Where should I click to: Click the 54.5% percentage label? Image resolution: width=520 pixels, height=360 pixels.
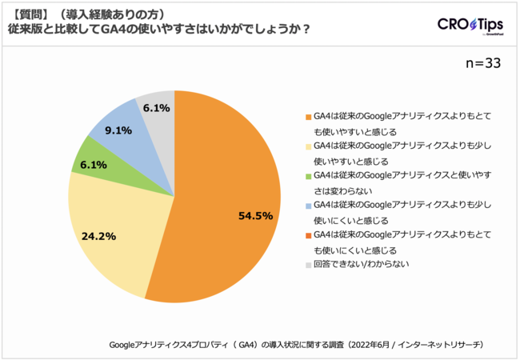tap(255, 215)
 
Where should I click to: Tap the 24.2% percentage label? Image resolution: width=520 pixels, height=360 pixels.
tap(98, 236)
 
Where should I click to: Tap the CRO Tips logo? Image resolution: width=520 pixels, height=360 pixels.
tap(470, 25)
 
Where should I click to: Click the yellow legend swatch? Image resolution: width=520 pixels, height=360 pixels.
tap(308, 146)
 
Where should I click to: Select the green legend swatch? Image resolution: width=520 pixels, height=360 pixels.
tap(308, 175)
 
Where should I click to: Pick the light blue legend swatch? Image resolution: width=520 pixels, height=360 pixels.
tap(308, 205)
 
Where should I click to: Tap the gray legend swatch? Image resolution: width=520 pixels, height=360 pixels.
tap(308, 265)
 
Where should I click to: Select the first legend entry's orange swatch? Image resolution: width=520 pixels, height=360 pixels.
tap(308, 116)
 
